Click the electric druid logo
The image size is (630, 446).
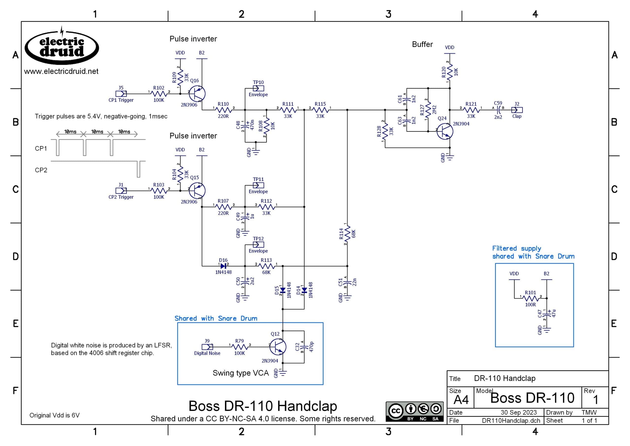pos(62,47)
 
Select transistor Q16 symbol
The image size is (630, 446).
pos(197,94)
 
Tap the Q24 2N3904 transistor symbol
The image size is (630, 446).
pos(445,131)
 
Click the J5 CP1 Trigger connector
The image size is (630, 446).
pos(121,94)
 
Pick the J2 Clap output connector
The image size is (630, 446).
pos(517,110)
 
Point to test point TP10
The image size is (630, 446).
pos(258,88)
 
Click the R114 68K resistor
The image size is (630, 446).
pos(347,234)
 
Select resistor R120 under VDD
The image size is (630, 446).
pos(450,72)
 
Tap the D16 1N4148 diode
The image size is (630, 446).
pos(223,266)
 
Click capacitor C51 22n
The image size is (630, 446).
pos(347,282)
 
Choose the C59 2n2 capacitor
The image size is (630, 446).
pos(498,110)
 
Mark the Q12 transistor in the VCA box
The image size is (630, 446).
pos(278,347)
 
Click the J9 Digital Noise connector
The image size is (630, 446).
pos(207,347)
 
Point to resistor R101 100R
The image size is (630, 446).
pos(530,298)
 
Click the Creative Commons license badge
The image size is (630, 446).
pos(414,411)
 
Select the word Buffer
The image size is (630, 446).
pos(422,44)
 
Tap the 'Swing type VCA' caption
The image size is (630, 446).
pos(240,373)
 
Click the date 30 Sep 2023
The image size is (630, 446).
pos(519,413)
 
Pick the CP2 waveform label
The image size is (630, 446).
pos(41,170)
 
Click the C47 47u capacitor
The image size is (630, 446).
pos(547,314)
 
